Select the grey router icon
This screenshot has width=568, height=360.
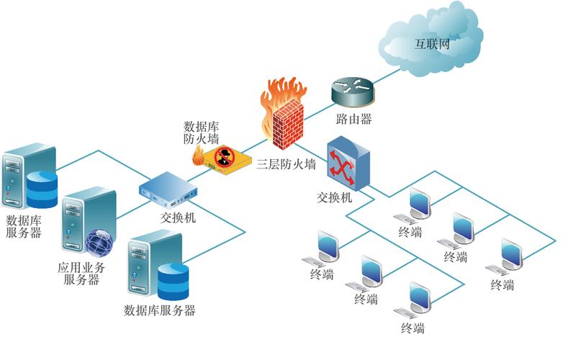(353, 91)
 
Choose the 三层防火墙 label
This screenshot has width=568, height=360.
(287, 164)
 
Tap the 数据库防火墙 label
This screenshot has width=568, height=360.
(202, 132)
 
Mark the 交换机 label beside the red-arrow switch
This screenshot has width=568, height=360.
(334, 197)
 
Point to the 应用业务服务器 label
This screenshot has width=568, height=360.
(81, 273)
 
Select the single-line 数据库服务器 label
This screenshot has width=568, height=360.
(159, 310)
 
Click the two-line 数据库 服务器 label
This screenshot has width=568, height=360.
(24, 226)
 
